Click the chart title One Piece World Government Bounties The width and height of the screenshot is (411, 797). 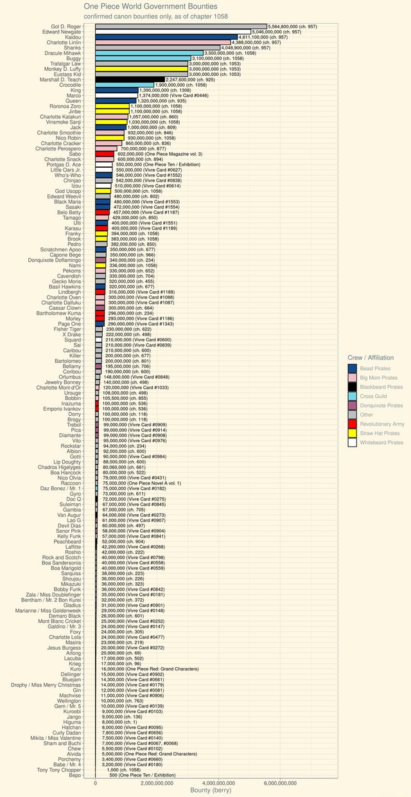[x=151, y=6]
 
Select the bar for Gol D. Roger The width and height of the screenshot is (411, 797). [x=180, y=26]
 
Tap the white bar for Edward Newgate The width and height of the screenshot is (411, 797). [x=173, y=31]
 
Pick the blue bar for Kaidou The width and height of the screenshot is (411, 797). [x=166, y=37]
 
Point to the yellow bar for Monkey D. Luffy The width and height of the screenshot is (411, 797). [x=141, y=69]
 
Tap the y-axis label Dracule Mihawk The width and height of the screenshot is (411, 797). [x=63, y=53]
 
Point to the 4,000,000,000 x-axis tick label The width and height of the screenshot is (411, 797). [x=219, y=784]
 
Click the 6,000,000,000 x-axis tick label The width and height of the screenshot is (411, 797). [x=281, y=784]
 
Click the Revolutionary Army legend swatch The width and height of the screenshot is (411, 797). [x=352, y=424]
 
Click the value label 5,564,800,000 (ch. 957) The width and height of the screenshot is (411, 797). [x=293, y=26]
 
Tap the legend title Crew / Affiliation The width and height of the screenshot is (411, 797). [x=371, y=357]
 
